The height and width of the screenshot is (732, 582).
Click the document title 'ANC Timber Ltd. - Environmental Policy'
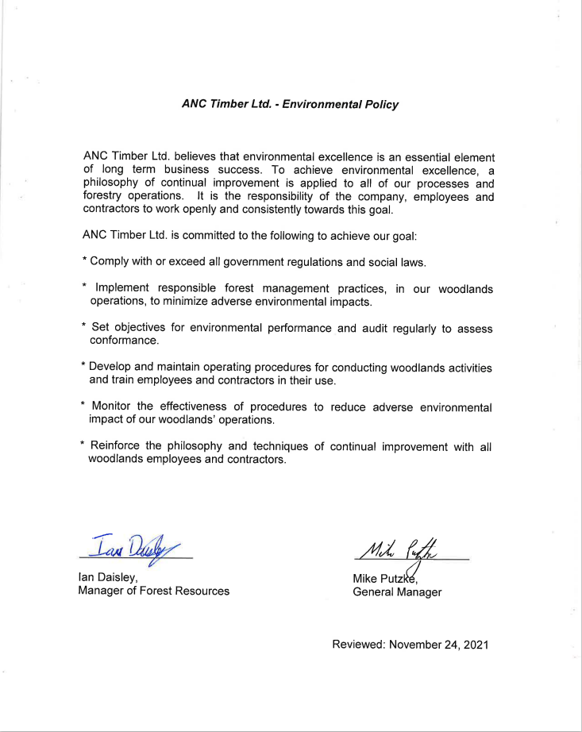[290, 104]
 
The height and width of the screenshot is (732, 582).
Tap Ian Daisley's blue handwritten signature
[136, 545]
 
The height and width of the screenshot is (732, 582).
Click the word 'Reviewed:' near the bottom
[359, 645]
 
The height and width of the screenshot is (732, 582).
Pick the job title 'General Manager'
[397, 592]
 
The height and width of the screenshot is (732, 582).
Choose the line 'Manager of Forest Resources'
[153, 591]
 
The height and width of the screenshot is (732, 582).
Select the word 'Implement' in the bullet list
[122, 289]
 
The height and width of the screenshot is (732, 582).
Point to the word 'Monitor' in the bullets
[115, 407]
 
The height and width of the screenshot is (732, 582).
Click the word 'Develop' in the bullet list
[110, 368]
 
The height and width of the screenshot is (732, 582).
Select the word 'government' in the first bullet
[226, 261]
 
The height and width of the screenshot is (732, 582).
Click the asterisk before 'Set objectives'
[83, 326]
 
